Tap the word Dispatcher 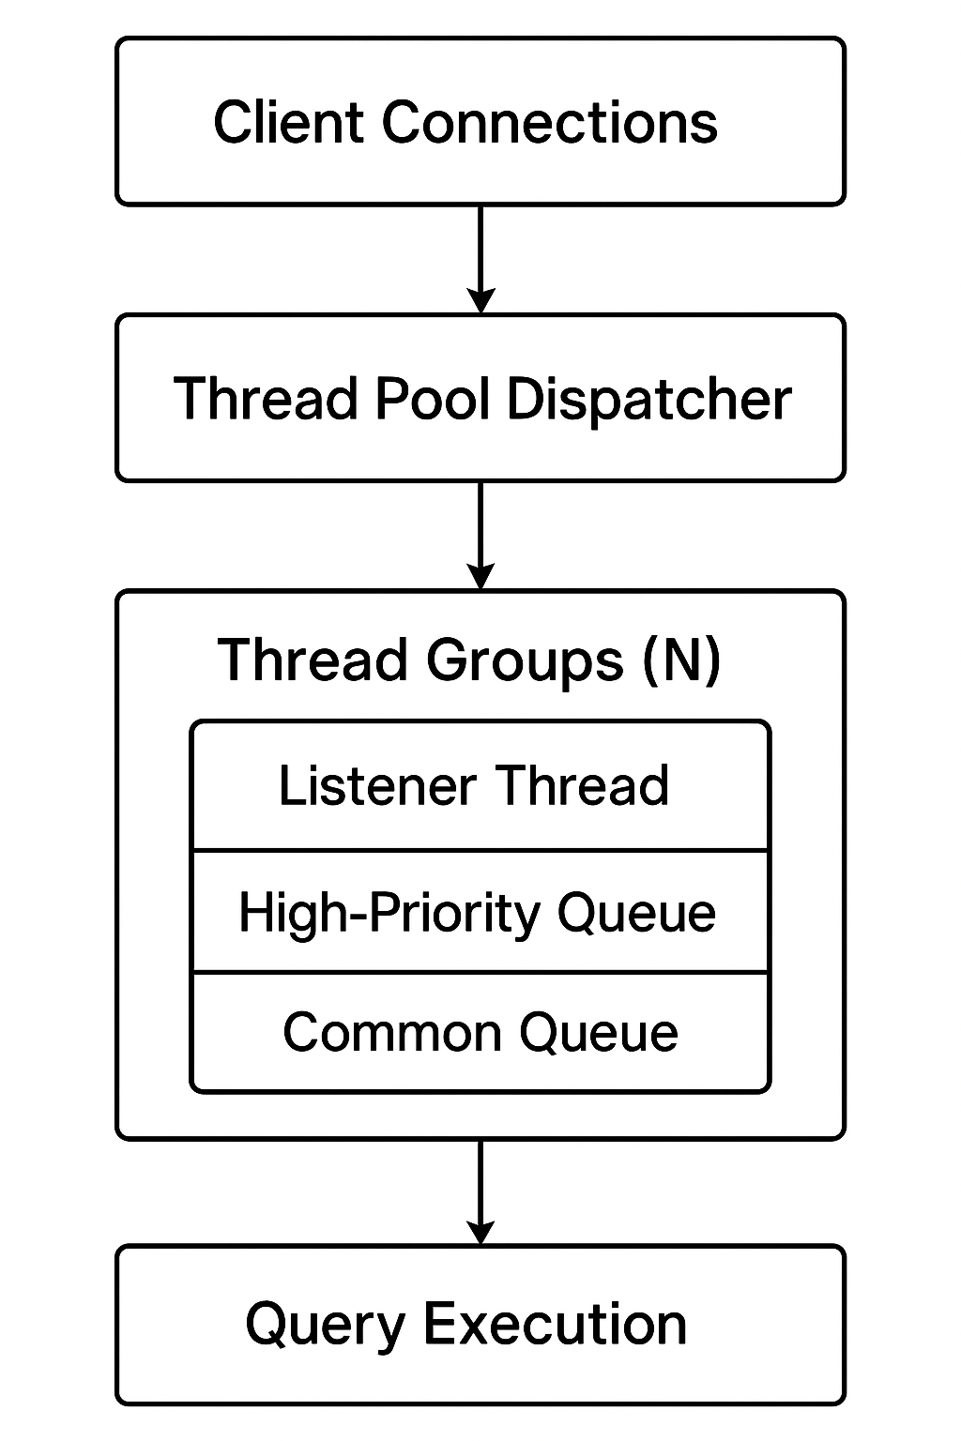[649, 399]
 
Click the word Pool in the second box [433, 398]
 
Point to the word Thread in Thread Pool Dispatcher [267, 398]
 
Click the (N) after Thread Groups [682, 659]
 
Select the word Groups [525, 660]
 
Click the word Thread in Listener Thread [582, 785]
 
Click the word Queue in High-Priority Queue [636, 913]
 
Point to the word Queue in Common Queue [599, 1033]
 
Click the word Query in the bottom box [326, 1325]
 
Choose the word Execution [555, 1324]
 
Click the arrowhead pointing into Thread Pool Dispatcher [480, 300]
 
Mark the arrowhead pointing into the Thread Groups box [480, 576]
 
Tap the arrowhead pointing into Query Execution [480, 1231]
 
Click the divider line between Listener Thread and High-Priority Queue [480, 851]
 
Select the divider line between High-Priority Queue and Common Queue [480, 972]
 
